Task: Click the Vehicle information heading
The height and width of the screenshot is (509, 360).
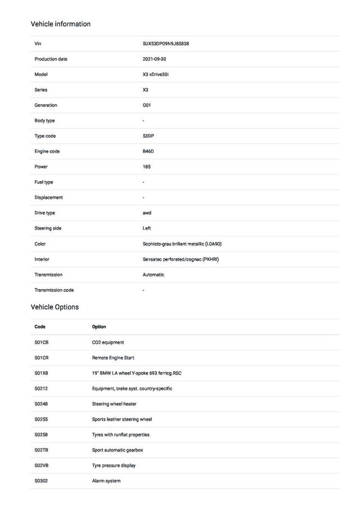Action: pyautogui.click(x=60, y=24)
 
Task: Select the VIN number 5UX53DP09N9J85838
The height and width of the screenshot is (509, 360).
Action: pyautogui.click(x=166, y=43)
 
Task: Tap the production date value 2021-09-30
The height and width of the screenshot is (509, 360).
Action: pyautogui.click(x=155, y=59)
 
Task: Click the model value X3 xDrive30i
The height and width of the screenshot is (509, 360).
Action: pyautogui.click(x=156, y=74)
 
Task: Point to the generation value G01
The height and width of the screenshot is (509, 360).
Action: pyautogui.click(x=147, y=105)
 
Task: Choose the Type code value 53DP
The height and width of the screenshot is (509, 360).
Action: pyautogui.click(x=148, y=136)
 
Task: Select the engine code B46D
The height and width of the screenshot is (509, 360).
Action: pyautogui.click(x=148, y=151)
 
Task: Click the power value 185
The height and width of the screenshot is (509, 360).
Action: pyautogui.click(x=147, y=166)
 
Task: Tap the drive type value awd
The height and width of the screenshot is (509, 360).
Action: pyautogui.click(x=147, y=213)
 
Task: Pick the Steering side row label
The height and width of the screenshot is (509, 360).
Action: pyautogui.click(x=48, y=228)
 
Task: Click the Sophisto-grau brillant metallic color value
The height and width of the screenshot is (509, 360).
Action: pyautogui.click(x=186, y=244)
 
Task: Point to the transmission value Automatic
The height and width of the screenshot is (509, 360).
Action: pyautogui.click(x=154, y=274)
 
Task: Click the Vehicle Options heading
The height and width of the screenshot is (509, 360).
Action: pyautogui.click(x=55, y=307)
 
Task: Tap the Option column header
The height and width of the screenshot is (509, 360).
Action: pyautogui.click(x=99, y=327)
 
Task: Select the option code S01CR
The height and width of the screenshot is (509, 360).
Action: pyautogui.click(x=42, y=358)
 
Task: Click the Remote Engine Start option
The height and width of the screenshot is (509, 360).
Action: pyautogui.click(x=113, y=358)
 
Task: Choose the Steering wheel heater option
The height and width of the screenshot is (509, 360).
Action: pyautogui.click(x=114, y=404)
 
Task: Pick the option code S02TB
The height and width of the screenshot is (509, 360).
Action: pyautogui.click(x=42, y=450)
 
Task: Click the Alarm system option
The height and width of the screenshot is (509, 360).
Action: pyautogui.click(x=106, y=481)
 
